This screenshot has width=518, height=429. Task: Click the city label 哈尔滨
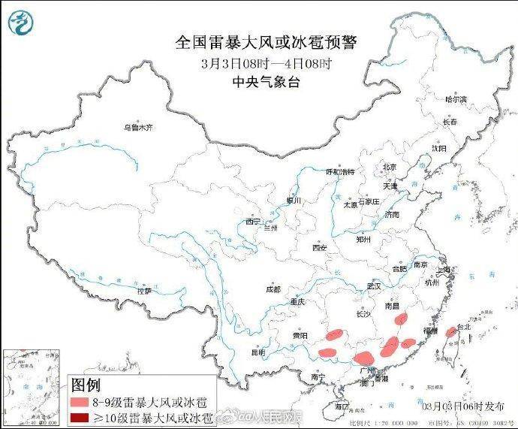point(455,99)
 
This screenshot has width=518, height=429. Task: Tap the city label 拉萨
point(144,290)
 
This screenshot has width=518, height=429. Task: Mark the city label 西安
point(321,247)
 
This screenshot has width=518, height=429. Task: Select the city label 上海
point(450,270)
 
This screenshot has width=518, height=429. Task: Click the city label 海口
point(342,406)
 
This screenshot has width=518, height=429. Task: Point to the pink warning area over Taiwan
point(450,332)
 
